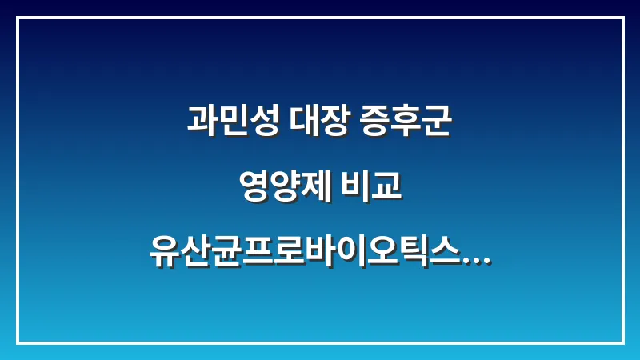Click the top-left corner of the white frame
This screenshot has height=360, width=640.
[x=18, y=18]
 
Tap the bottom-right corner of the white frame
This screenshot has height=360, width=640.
[x=622, y=342]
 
